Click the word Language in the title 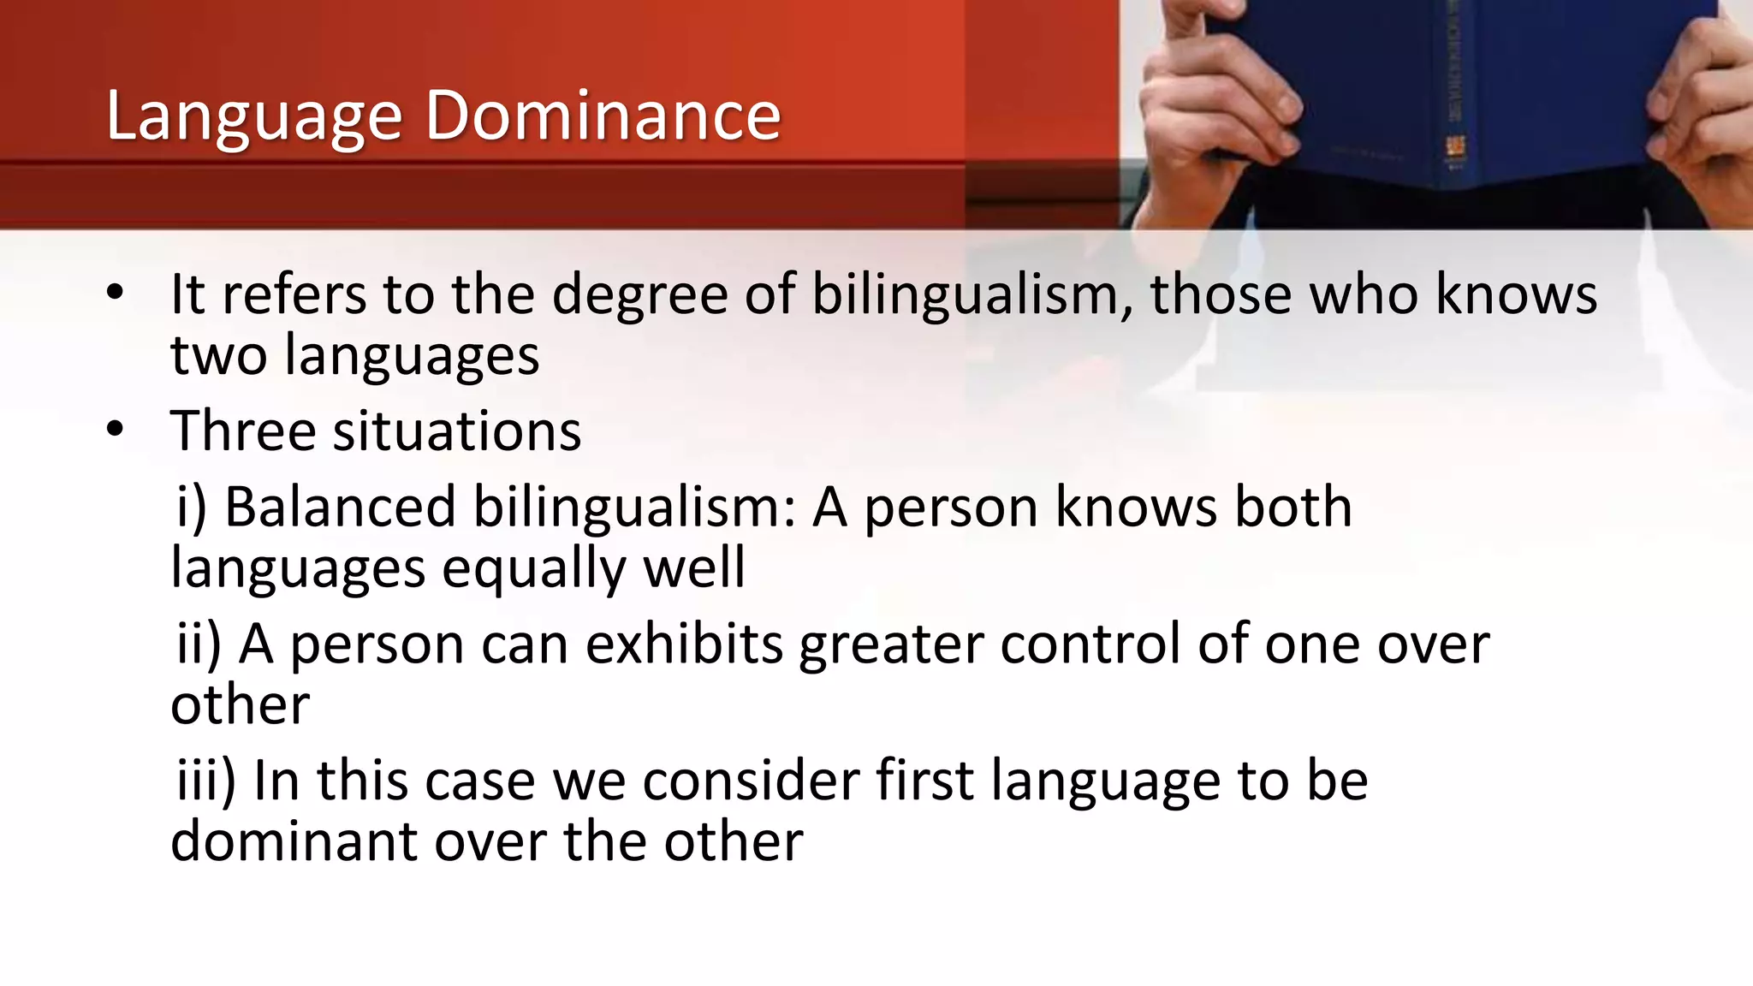coord(254,117)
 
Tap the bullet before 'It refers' coord(116,294)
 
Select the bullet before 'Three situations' coord(116,430)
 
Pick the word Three coord(243,430)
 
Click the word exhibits coord(684,644)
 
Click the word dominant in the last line coord(294,840)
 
